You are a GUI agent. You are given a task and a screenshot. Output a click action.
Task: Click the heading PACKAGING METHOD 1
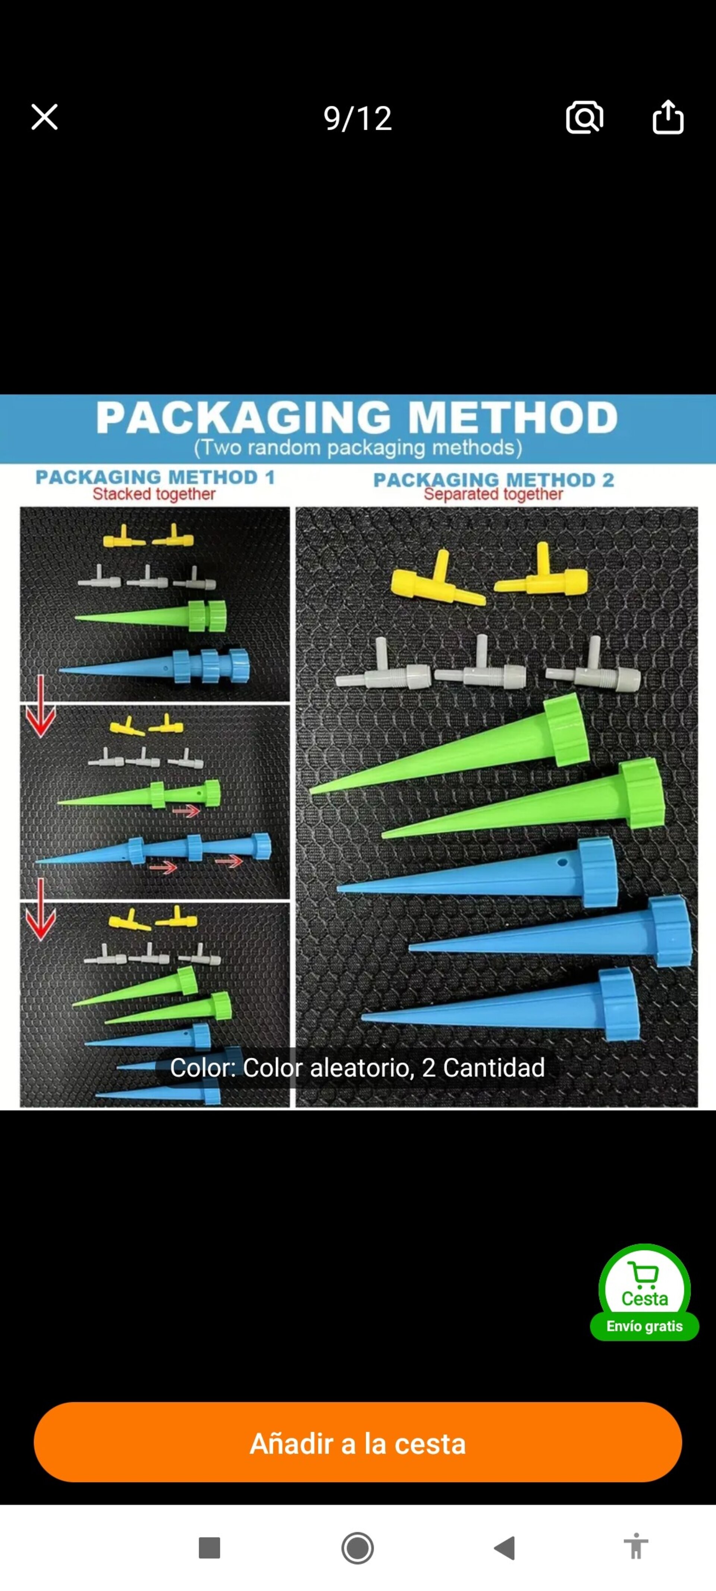pos(155,477)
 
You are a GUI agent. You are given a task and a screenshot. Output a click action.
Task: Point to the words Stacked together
pos(154,494)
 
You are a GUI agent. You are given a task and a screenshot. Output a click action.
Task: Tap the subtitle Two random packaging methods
pos(358,447)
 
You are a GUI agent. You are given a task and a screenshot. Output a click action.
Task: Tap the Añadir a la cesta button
pos(358,1443)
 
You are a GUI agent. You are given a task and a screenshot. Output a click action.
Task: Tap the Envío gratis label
pos(644,1326)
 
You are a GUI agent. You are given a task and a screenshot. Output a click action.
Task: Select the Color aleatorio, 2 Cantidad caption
pos(358,1067)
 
